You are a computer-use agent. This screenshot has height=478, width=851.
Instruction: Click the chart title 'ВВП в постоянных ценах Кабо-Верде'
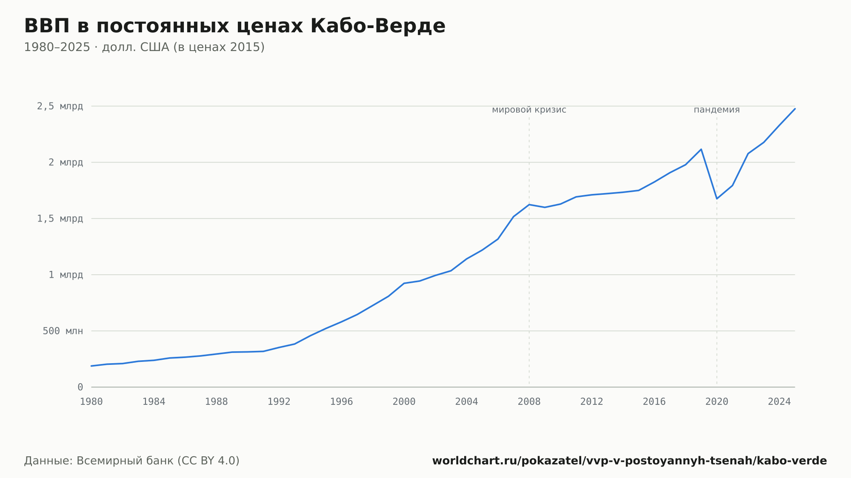[234, 26]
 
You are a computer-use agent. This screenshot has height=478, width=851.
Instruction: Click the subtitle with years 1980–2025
[144, 47]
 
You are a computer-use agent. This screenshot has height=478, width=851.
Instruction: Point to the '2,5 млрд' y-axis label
[60, 106]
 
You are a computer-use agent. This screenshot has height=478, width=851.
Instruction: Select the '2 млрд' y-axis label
[66, 162]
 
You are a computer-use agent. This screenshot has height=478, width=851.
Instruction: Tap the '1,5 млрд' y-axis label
[60, 219]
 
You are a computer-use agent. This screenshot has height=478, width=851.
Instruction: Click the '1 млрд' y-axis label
[66, 275]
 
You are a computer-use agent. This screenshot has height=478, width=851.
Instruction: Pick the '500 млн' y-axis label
[63, 331]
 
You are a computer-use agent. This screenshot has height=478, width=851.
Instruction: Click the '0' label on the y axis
[80, 387]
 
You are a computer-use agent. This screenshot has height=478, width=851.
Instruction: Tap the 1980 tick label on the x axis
[91, 402]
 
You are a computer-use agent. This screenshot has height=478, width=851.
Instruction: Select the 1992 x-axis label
[279, 402]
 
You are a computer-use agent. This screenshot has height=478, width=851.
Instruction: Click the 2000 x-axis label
[404, 402]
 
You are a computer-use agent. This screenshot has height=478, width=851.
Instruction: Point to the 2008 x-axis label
[529, 402]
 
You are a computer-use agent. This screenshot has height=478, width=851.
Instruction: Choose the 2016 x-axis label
[654, 402]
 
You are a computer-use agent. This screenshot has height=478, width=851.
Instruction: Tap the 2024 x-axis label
[780, 402]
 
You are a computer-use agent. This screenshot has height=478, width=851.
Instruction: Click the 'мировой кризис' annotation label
[529, 110]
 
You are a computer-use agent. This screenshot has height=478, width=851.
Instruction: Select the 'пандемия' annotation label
[717, 110]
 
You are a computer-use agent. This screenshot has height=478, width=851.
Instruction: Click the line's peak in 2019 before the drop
[701, 149]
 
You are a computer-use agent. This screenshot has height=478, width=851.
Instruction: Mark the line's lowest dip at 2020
[717, 199]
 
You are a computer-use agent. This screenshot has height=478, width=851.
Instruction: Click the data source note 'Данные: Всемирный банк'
[132, 461]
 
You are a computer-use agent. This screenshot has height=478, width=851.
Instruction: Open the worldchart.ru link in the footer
[630, 461]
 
